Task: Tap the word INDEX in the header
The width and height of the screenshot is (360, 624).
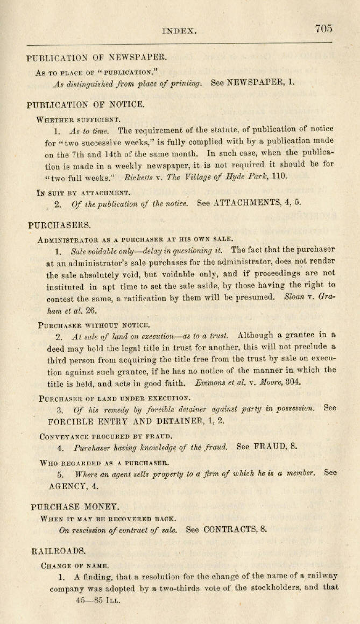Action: coord(180,32)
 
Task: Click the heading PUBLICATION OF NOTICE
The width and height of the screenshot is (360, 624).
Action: coord(85,104)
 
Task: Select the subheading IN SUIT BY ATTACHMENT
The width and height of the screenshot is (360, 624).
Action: coord(83,192)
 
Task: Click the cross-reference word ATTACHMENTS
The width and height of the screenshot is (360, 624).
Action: coord(252,204)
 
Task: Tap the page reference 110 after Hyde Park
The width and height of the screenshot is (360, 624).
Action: coord(280,176)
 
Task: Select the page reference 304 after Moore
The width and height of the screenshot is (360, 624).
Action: coord(293,382)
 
